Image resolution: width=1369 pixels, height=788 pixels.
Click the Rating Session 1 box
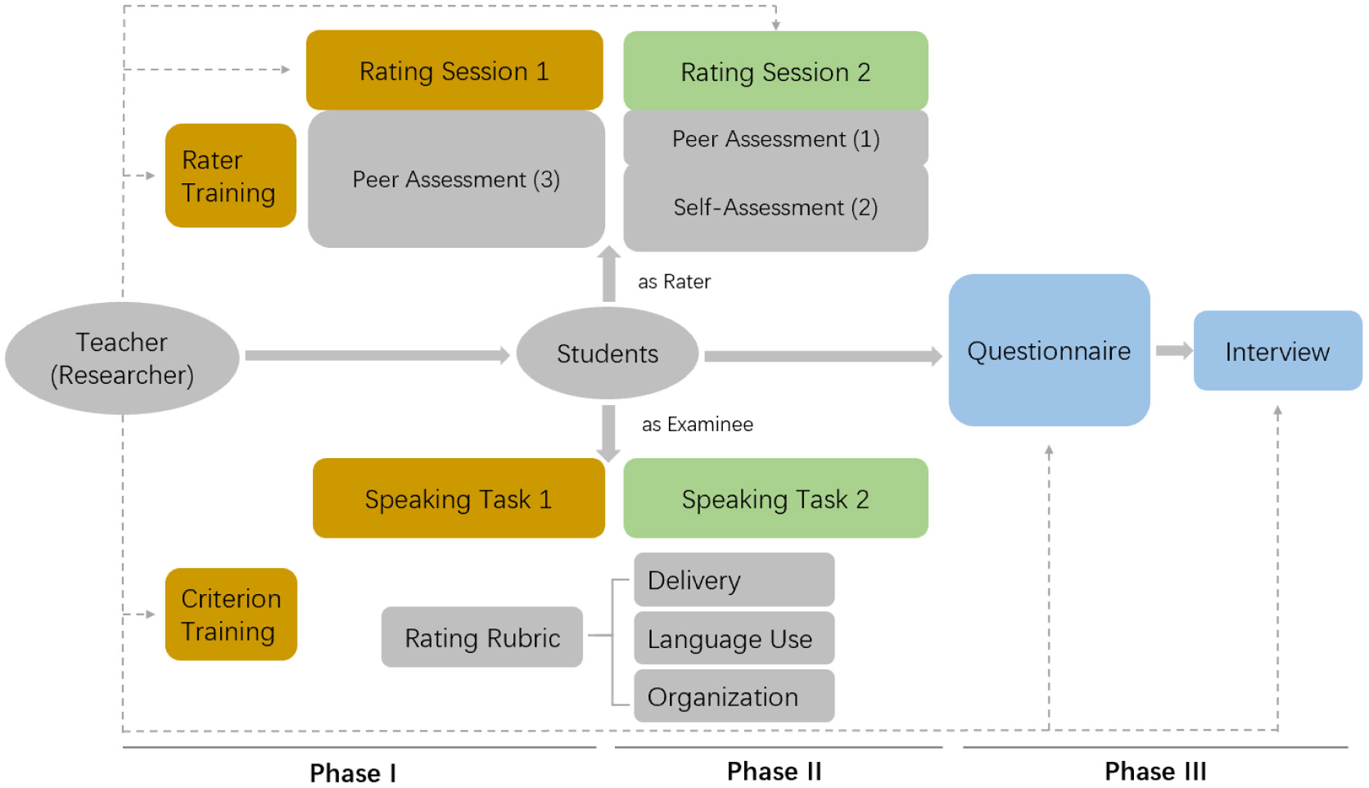tap(454, 70)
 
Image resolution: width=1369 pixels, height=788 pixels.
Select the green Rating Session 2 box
tap(775, 71)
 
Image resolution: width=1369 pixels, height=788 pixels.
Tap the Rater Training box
tap(230, 175)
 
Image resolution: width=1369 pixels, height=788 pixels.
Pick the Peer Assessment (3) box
tap(456, 179)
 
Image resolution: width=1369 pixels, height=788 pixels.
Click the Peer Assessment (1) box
tap(775, 138)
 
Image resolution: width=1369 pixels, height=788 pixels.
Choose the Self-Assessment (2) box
tap(775, 207)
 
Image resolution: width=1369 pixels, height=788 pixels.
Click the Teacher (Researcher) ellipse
tap(122, 358)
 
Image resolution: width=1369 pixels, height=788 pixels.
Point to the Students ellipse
tap(607, 353)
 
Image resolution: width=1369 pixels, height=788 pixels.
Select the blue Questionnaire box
tap(1048, 350)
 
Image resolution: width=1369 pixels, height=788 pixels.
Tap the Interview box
tap(1277, 351)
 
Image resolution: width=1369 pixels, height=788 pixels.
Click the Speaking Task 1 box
tap(458, 498)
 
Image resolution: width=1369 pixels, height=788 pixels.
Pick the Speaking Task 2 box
tap(775, 498)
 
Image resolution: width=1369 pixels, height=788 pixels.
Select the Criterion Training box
tap(230, 614)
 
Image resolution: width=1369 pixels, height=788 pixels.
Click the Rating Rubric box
tap(482, 637)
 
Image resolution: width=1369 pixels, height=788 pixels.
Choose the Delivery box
tap(733, 579)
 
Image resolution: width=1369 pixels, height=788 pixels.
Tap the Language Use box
tap(733, 638)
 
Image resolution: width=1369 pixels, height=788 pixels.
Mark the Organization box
tap(733, 696)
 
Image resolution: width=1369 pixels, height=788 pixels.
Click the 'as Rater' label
tap(674, 281)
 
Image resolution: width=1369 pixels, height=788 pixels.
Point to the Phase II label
tap(774, 770)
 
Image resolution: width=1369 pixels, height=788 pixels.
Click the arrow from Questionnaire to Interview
tap(1174, 351)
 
